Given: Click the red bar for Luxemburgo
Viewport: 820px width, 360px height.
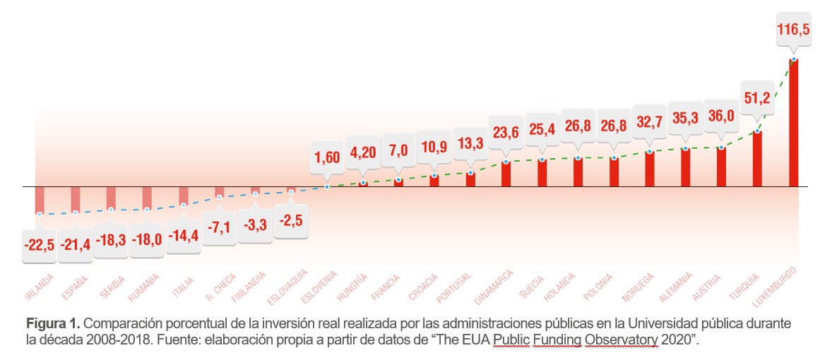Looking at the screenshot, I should pyautogui.click(x=793, y=124).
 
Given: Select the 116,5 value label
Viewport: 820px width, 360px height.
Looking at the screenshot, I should pyautogui.click(x=793, y=30).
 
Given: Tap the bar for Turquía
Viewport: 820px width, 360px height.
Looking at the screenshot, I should pyautogui.click(x=757, y=159).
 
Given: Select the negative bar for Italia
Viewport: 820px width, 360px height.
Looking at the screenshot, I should pyautogui.click(x=184, y=196).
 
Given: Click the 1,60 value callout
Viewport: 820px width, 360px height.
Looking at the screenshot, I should pyautogui.click(x=327, y=157).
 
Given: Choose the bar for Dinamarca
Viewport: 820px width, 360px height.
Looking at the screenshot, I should pyautogui.click(x=506, y=174).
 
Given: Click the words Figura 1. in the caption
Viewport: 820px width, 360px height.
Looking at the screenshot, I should pyautogui.click(x=52, y=324).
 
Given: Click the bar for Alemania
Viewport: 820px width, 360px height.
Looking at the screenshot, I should pyautogui.click(x=685, y=167).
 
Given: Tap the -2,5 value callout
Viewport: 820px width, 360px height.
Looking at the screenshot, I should pyautogui.click(x=291, y=221).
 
